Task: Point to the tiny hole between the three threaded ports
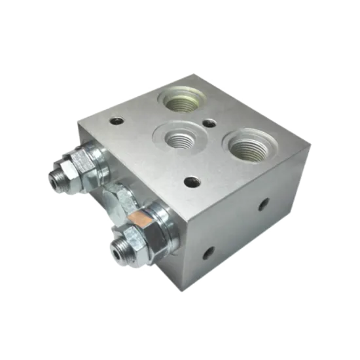click(210, 122)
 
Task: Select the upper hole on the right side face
click(264, 204)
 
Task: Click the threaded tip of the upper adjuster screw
click(56, 177)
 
